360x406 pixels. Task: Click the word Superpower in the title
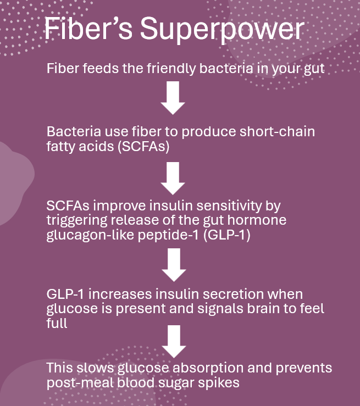(x=221, y=29)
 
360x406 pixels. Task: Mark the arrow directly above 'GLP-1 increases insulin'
(x=174, y=265)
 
